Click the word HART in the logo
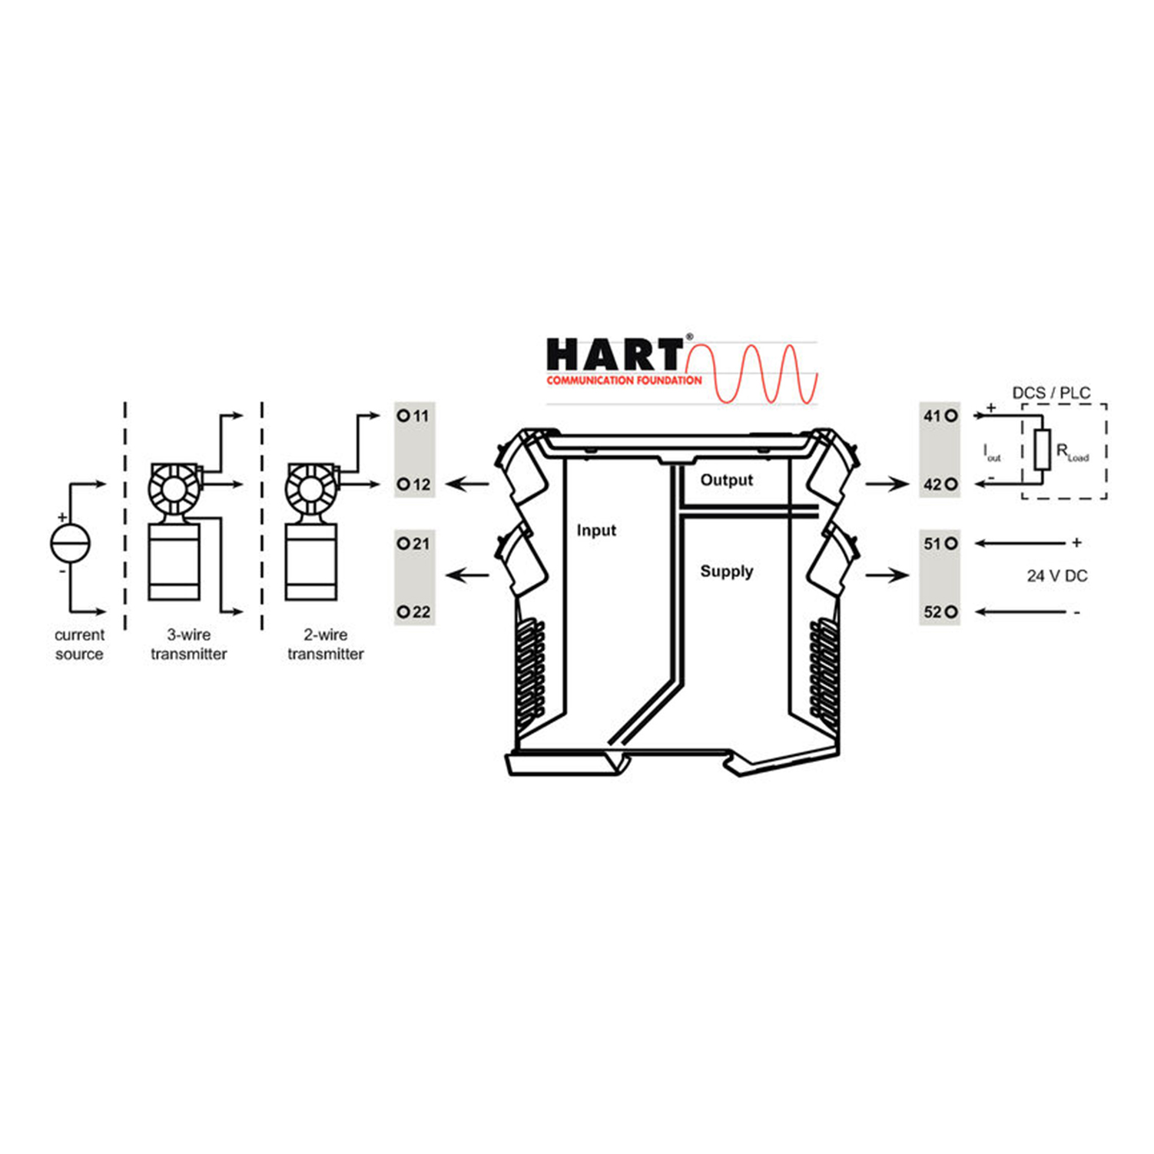pos(614,356)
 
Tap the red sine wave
pos(751,374)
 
